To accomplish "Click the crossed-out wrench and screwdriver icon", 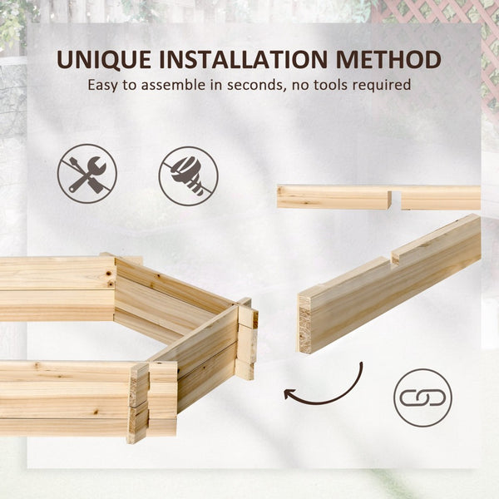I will point(86,174).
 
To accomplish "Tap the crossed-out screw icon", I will point(188,175).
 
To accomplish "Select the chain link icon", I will point(422,398).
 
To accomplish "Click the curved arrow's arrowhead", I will point(289,393).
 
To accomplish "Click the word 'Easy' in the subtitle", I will point(102,85).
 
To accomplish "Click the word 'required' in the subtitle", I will point(388,85).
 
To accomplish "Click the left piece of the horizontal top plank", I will point(333,197).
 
